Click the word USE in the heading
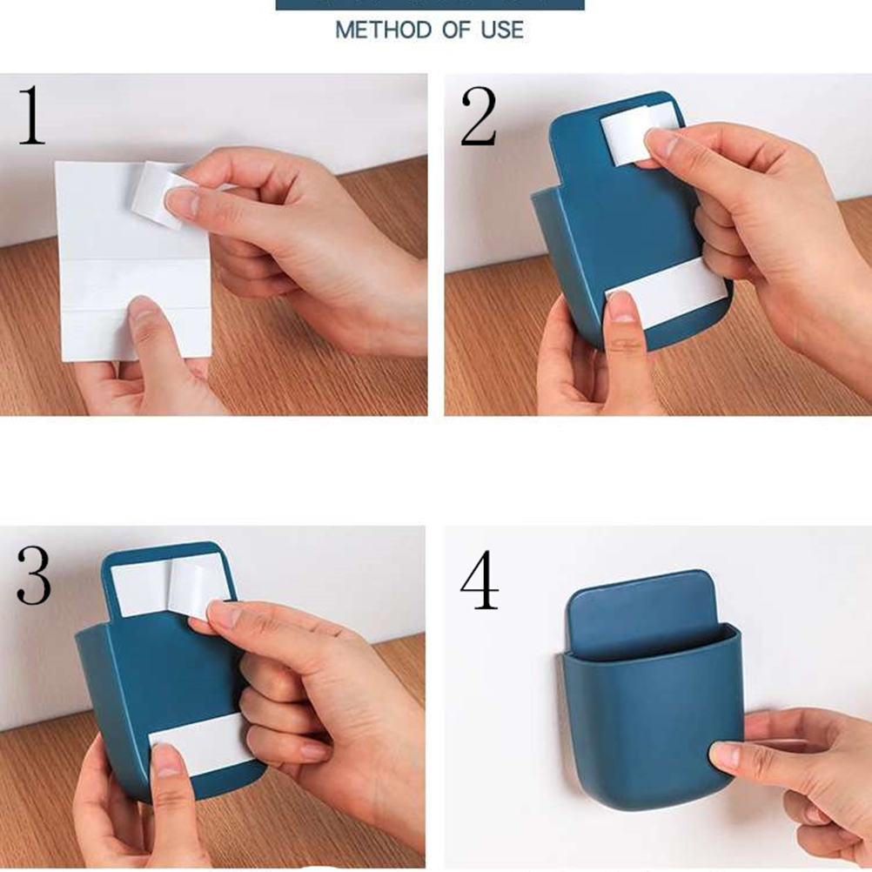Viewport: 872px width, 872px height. (x=502, y=30)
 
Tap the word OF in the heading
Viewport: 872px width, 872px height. (x=456, y=30)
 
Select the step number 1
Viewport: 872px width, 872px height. (x=31, y=116)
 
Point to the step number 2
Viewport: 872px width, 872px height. (x=479, y=117)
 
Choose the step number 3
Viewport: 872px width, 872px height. (x=34, y=575)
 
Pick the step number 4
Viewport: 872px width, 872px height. (x=480, y=580)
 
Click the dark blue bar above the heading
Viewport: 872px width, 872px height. (x=430, y=4)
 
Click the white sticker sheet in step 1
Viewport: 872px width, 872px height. (x=133, y=261)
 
